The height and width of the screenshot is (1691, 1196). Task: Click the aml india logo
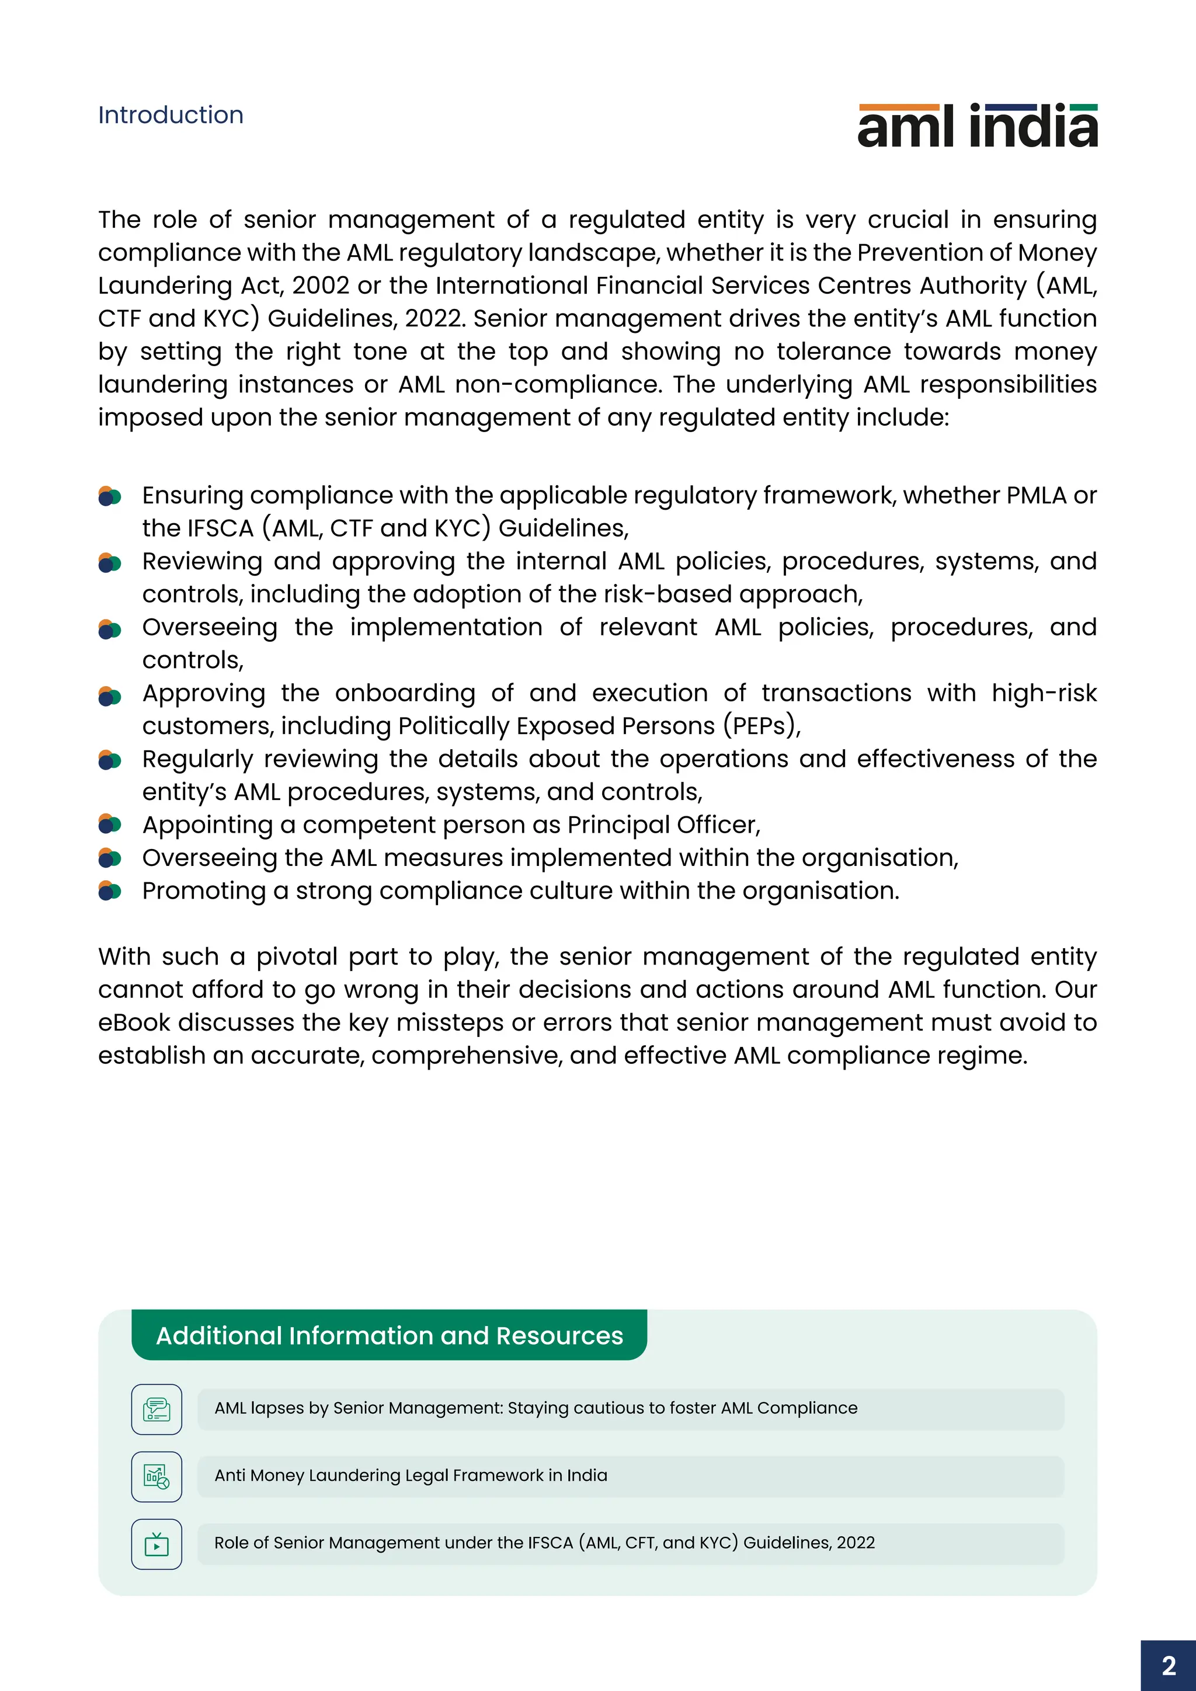(x=977, y=126)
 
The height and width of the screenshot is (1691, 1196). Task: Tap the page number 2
(x=1168, y=1666)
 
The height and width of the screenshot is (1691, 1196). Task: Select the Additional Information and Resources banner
(x=389, y=1335)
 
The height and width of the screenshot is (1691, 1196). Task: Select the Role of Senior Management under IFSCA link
(x=544, y=1542)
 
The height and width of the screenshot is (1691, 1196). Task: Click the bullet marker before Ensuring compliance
(x=109, y=496)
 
